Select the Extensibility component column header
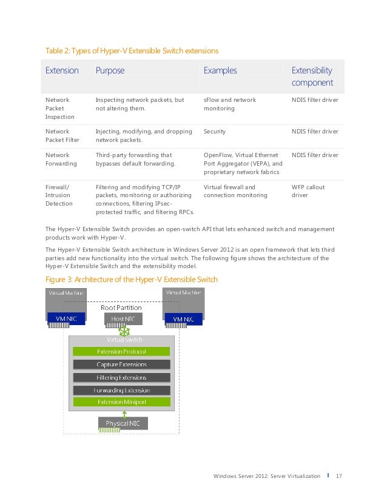pyautogui.click(x=312, y=76)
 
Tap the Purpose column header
pyautogui.click(x=110, y=71)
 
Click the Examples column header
pyautogui.click(x=220, y=71)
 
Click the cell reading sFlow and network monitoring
pyautogui.click(x=230, y=104)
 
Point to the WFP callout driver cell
pyautogui.click(x=308, y=191)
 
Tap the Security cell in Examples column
pyautogui.click(x=215, y=131)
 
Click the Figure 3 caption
pyautogui.click(x=132, y=280)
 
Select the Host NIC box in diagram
pyautogui.click(x=123, y=318)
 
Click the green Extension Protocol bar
pyautogui.click(x=122, y=352)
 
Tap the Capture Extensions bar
pyautogui.click(x=122, y=365)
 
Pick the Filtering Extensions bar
pyautogui.click(x=122, y=377)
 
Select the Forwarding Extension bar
pyautogui.click(x=122, y=390)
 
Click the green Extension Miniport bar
pyautogui.click(x=122, y=402)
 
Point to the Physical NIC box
pyautogui.click(x=123, y=423)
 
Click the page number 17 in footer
pyautogui.click(x=339, y=476)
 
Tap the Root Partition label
pyautogui.click(x=121, y=308)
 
